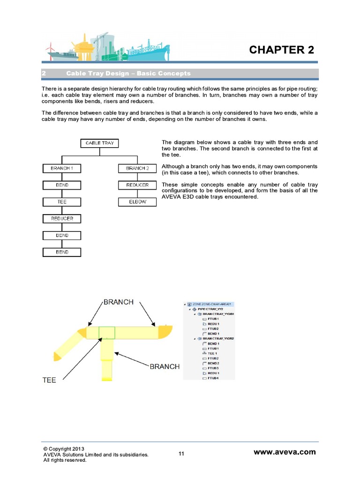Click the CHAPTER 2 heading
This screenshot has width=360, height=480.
[x=281, y=50]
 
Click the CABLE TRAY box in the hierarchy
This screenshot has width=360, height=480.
[x=99, y=143]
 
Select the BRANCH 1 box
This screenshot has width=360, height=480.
[x=62, y=168]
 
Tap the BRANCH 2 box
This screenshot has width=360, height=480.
[x=137, y=168]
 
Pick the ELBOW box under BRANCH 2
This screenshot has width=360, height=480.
[x=137, y=202]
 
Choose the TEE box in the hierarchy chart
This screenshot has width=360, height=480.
[x=62, y=202]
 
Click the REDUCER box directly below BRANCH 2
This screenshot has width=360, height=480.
[x=137, y=185]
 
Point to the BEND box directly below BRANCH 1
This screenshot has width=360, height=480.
[x=62, y=185]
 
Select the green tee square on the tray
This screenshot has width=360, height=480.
[x=107, y=332]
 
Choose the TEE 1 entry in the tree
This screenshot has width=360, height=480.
[x=212, y=353]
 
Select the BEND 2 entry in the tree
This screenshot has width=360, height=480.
[x=213, y=363]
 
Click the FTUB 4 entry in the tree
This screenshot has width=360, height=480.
[x=213, y=378]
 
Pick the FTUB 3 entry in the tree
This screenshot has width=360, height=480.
[x=213, y=368]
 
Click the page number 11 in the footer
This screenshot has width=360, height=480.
[x=181, y=453]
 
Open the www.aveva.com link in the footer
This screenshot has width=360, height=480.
[x=285, y=452]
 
